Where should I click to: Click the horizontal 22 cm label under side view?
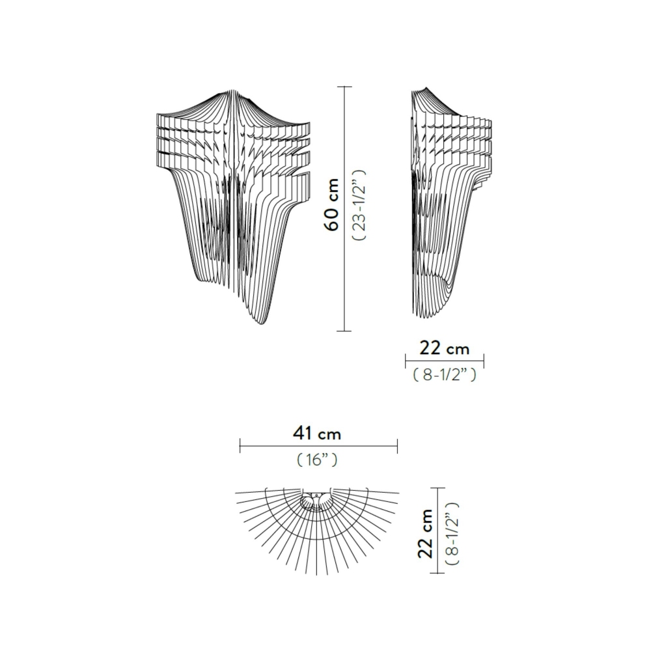tap(445, 349)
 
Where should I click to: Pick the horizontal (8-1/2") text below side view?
tap(445, 376)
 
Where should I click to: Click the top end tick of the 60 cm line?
tap(344, 87)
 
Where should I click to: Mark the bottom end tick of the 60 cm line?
tap(344, 331)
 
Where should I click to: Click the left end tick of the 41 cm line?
tap(240, 446)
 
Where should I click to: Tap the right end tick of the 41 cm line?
tap(397, 446)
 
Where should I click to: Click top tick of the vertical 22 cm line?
tap(440, 488)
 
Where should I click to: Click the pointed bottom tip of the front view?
tap(262, 324)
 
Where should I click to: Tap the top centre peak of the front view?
tap(232, 91)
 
